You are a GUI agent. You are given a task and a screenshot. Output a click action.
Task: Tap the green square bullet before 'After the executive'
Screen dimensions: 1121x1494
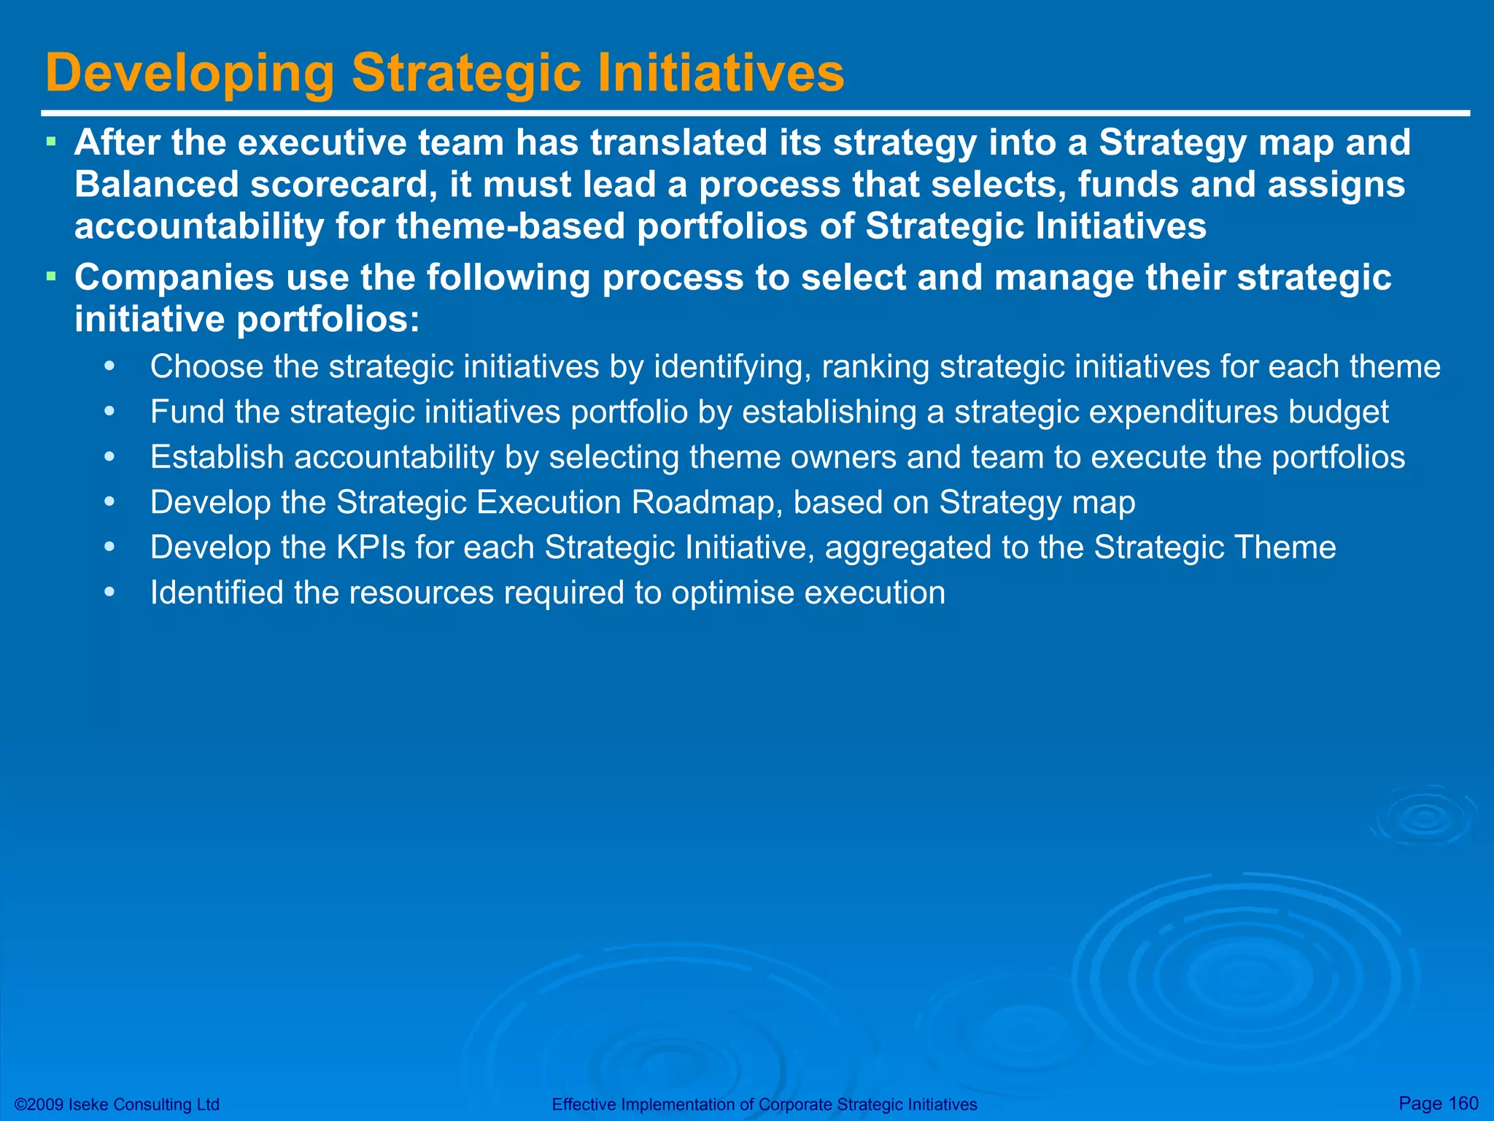51,141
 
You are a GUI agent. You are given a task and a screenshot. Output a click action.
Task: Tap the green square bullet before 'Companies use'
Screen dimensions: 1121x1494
51,277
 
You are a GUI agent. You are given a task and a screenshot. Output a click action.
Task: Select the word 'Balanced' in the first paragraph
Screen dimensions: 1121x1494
157,184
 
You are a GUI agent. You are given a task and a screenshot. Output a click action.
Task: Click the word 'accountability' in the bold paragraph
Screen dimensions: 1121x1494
199,226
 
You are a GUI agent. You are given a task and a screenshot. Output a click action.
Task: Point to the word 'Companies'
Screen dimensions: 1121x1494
174,277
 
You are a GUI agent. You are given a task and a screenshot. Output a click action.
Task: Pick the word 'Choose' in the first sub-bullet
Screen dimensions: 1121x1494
206,366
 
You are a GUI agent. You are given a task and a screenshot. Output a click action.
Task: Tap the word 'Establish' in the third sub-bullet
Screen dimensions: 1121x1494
217,457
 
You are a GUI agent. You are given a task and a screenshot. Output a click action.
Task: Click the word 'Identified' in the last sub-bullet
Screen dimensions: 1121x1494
217,593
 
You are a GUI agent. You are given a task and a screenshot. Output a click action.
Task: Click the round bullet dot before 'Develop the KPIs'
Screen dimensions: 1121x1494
109,547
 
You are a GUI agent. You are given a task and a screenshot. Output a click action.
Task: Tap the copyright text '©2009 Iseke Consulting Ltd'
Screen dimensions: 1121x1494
117,1104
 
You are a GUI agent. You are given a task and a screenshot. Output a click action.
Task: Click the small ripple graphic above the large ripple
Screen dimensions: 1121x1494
1423,817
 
